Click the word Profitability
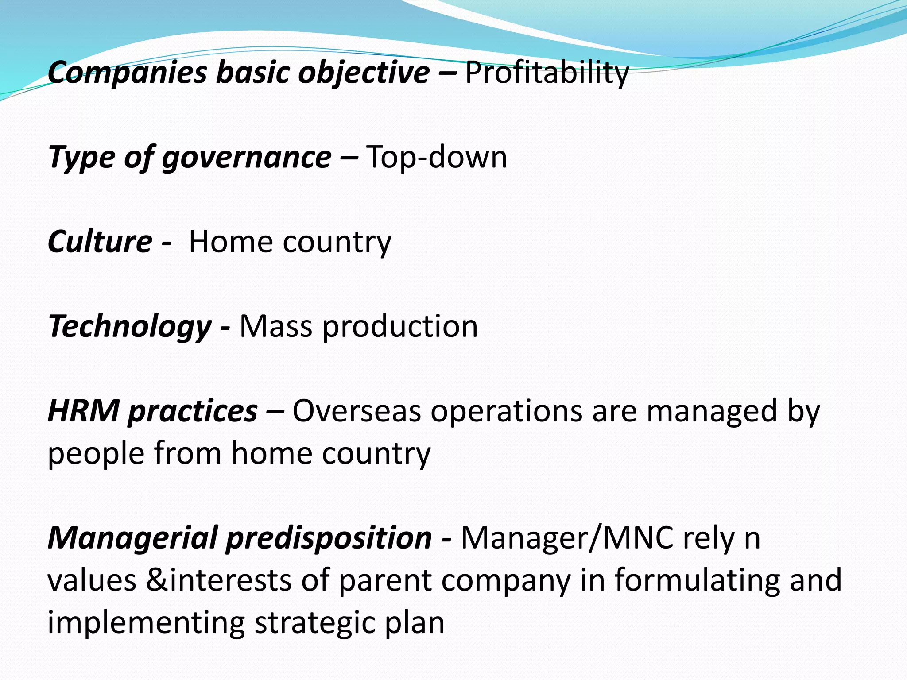click(547, 73)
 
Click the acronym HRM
click(84, 411)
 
